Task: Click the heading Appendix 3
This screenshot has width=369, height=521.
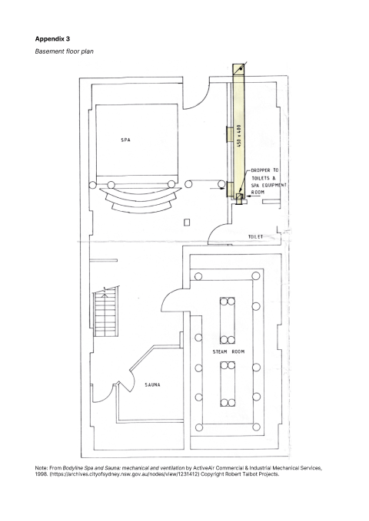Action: pos(52,39)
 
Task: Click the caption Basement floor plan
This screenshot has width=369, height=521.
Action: pos(65,51)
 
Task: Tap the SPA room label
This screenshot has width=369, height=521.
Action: pos(125,140)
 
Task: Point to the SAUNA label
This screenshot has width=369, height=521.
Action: pos(152,384)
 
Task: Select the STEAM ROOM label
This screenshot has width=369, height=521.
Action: pos(228,351)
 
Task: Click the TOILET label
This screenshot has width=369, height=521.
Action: pos(255,236)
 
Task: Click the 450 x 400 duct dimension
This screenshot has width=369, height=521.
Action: pos(238,136)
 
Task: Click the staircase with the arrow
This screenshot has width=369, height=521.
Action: pos(105,312)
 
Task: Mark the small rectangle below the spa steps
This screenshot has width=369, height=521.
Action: pos(187,222)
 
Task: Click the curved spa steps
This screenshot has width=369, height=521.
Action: pos(141,199)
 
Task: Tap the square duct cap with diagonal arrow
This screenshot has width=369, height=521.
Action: pos(238,69)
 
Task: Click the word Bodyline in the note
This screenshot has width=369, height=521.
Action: pos(73,468)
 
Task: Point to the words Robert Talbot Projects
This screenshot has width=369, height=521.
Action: pos(252,474)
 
